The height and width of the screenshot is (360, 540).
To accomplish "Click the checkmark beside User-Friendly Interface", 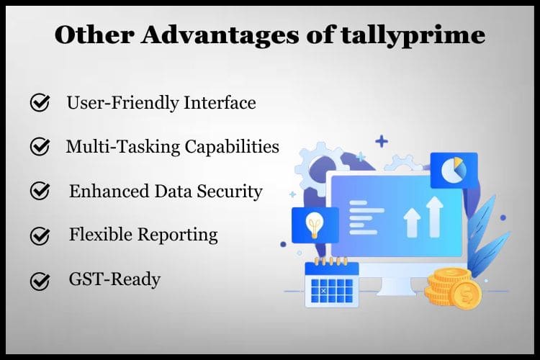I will click(x=40, y=104).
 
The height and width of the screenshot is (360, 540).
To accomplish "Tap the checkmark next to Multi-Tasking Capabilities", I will click(x=40, y=147).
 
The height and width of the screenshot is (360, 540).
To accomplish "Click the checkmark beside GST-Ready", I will click(x=40, y=281).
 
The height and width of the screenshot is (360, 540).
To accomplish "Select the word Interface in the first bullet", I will click(x=221, y=103).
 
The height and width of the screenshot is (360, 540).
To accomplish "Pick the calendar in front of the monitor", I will click(x=332, y=282).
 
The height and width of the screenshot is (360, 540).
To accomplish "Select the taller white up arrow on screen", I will click(x=434, y=217).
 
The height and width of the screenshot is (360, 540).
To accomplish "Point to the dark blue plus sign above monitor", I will click(x=381, y=141).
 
